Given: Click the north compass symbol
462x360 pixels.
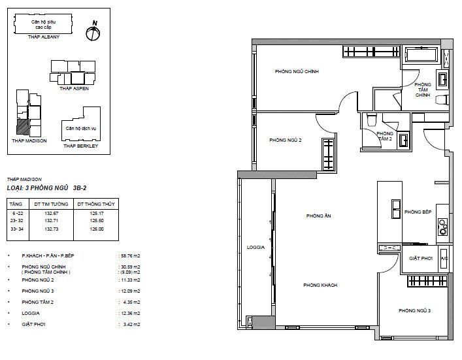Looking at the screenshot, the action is tap(93, 31).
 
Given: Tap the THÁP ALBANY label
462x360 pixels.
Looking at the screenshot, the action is tap(44, 37).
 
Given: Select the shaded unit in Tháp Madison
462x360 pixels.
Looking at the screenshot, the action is tap(23, 127).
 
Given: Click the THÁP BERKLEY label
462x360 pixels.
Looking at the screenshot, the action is tap(81, 146).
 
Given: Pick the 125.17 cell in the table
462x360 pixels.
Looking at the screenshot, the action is tap(97, 213).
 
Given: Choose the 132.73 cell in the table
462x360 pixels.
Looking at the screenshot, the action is tap(51, 229).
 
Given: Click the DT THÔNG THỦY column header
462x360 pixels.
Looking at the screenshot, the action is tap(96, 204).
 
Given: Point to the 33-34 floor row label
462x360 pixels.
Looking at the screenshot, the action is tap(17, 229).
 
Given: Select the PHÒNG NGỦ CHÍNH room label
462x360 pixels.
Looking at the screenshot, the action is tap(297, 72).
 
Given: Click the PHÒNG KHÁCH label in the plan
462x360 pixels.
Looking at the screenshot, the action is tap(320, 285).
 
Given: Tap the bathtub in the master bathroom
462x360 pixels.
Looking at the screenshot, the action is tap(421, 54).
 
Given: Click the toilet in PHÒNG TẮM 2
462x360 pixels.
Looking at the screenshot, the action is tap(371, 120).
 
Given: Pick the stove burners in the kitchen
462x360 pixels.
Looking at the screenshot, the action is tap(443, 227).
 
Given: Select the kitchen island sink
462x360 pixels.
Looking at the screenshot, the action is tap(396, 209).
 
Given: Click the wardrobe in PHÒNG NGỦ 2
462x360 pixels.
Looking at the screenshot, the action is tap(328, 155).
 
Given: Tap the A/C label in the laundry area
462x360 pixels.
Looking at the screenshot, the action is tap(444, 259).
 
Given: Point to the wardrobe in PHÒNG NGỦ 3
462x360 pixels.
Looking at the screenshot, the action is tap(427, 281).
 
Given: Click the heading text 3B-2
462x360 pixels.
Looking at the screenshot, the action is tap(80, 188).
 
